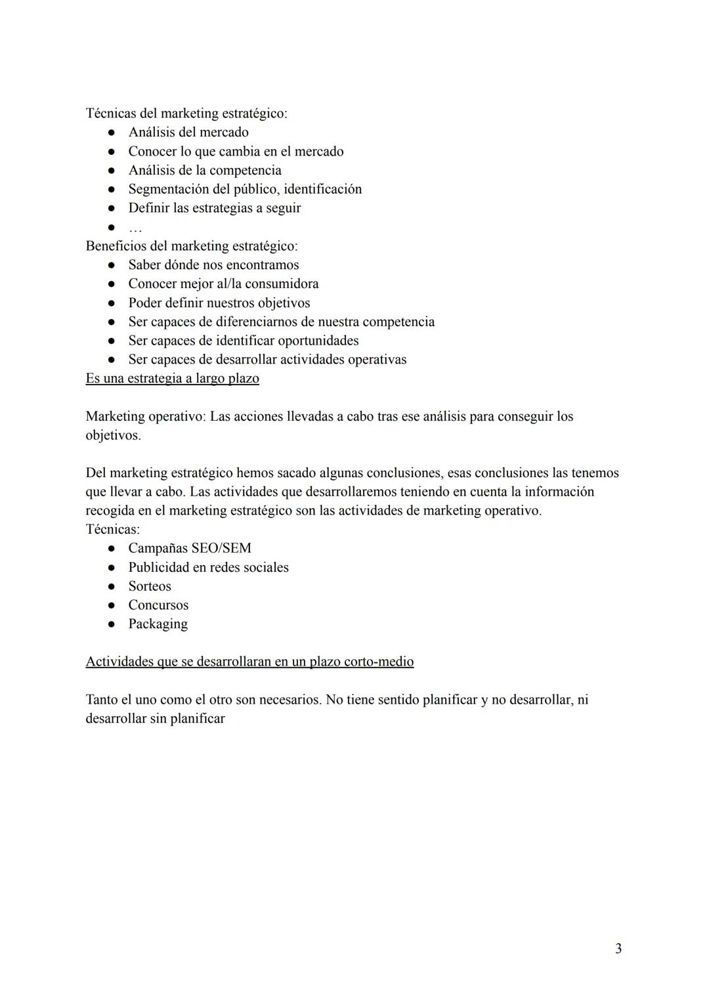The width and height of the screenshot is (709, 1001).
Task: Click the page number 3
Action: tap(618, 948)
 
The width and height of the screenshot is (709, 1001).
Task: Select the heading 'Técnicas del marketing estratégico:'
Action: tap(186, 113)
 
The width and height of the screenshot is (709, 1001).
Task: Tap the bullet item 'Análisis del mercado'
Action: tap(188, 132)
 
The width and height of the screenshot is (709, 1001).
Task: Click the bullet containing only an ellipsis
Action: tap(135, 228)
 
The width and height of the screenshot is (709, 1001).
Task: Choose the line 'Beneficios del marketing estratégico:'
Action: tap(191, 246)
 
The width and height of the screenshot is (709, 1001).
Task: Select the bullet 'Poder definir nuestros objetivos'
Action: tap(219, 303)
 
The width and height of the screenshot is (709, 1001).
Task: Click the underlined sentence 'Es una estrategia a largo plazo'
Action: tap(172, 379)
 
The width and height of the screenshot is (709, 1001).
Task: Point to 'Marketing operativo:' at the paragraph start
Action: tap(145, 416)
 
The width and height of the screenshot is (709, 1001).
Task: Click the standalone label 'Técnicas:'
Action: tap(112, 529)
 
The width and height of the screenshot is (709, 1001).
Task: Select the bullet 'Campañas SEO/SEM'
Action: tap(189, 548)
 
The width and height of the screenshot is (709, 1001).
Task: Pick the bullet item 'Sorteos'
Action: tap(149, 586)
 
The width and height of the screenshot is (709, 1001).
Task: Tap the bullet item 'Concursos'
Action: tap(158, 605)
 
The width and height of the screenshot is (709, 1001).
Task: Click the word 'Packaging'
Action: tap(158, 624)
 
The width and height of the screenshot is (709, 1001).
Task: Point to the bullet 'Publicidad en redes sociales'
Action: tap(208, 567)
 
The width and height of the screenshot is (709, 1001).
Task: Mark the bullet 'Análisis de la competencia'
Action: tap(204, 170)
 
